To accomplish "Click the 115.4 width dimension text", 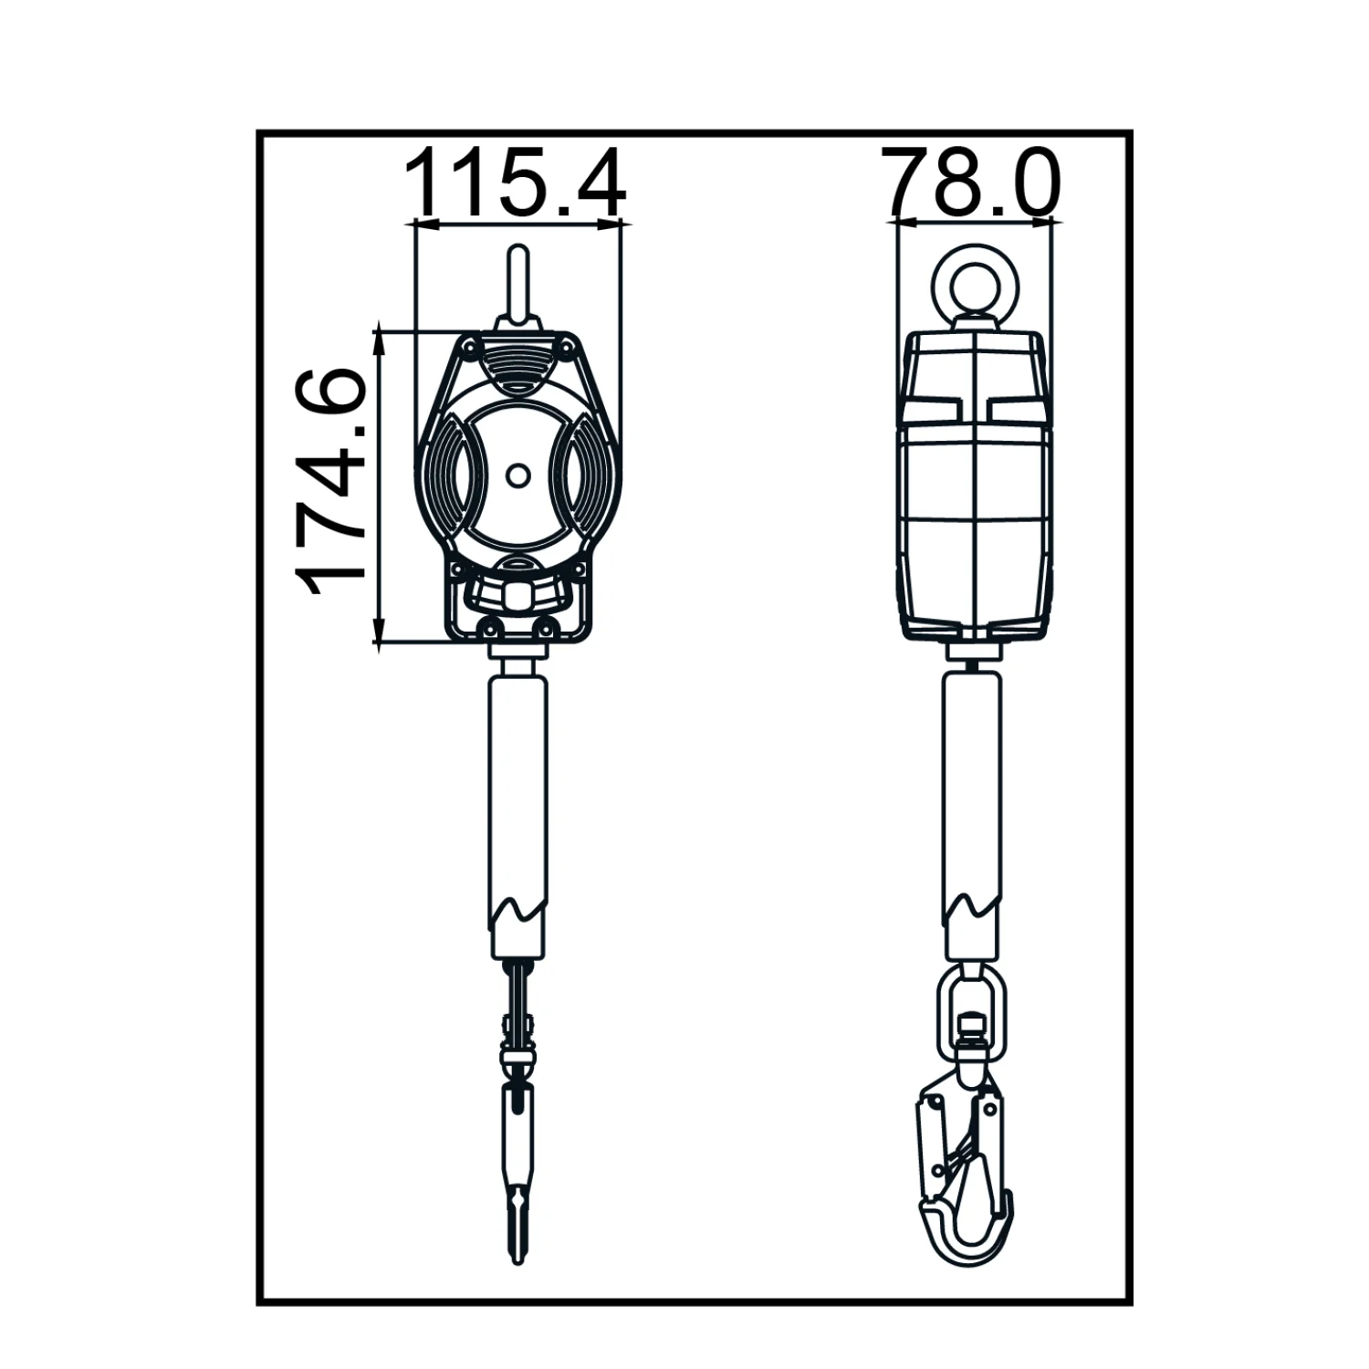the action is pos(516,183).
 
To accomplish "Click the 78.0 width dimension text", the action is pos(972,183).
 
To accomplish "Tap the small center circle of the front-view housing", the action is pos(517,475).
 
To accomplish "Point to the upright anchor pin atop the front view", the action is pos(517,282).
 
